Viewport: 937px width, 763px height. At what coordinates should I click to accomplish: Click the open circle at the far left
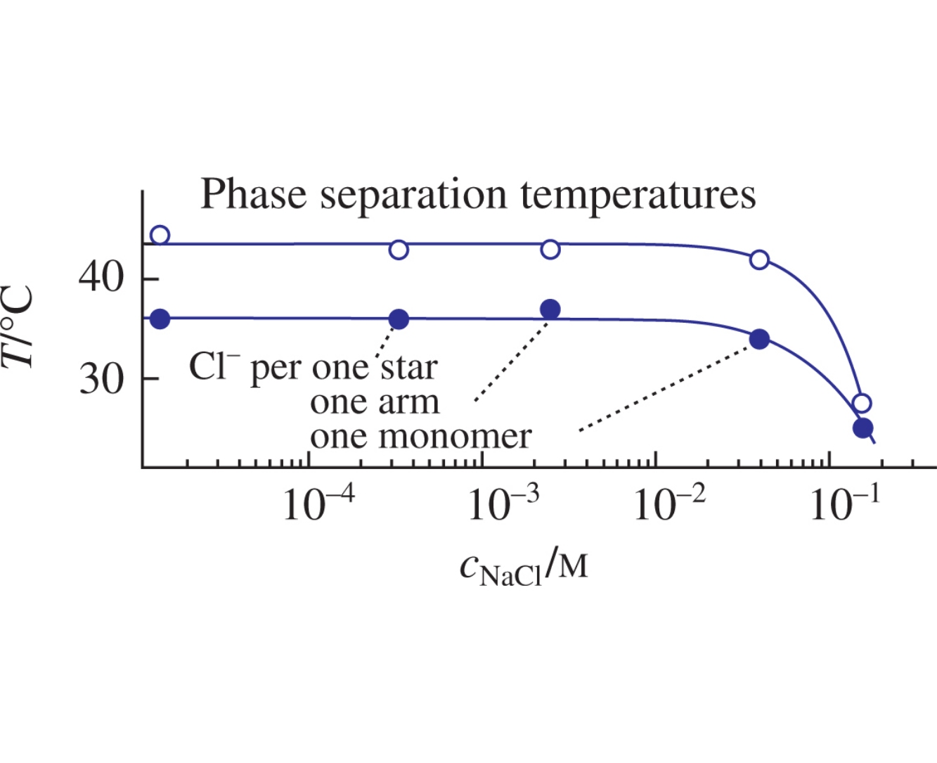(160, 235)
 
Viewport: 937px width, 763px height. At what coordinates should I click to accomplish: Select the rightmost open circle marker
(862, 403)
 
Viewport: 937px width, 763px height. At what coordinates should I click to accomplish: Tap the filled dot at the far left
(160, 319)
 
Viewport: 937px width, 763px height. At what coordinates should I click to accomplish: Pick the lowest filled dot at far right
(862, 428)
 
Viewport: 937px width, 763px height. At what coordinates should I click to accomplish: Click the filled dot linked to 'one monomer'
(759, 339)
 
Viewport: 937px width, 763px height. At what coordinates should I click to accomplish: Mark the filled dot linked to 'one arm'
(550, 309)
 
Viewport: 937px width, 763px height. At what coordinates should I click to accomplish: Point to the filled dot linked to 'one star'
(399, 319)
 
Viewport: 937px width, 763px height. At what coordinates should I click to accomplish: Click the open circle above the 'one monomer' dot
(759, 259)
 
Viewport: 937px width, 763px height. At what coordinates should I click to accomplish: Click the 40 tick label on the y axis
(101, 278)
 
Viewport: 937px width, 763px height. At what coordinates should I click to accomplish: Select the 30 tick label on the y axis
(101, 379)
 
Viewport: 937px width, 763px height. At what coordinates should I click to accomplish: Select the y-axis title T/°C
(19, 326)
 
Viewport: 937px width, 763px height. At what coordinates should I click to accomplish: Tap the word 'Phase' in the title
(254, 194)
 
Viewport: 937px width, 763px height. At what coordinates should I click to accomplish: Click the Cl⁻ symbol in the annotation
(214, 366)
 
